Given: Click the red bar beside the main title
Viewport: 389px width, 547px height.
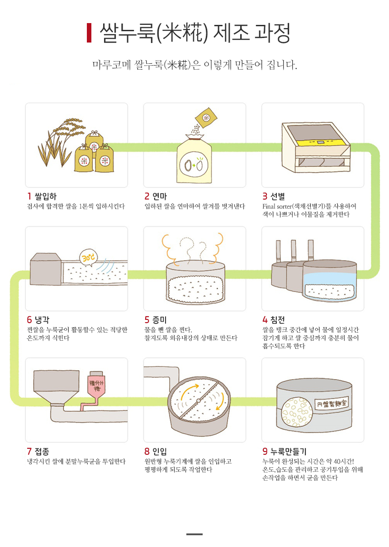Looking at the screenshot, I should click(89, 33).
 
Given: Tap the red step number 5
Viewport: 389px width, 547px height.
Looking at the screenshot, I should click(147, 320).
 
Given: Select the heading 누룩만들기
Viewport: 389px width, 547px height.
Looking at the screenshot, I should click(288, 451).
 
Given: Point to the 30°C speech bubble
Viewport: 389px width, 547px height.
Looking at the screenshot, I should click(89, 258).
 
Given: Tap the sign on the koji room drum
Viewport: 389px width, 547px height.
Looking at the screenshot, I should click(332, 403).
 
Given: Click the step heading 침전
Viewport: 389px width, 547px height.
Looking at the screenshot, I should click(277, 320).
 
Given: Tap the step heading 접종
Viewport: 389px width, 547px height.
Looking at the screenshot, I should click(42, 451).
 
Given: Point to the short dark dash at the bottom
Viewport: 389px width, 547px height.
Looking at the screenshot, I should click(194, 534).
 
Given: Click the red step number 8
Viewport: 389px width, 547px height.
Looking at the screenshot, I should click(147, 451).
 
